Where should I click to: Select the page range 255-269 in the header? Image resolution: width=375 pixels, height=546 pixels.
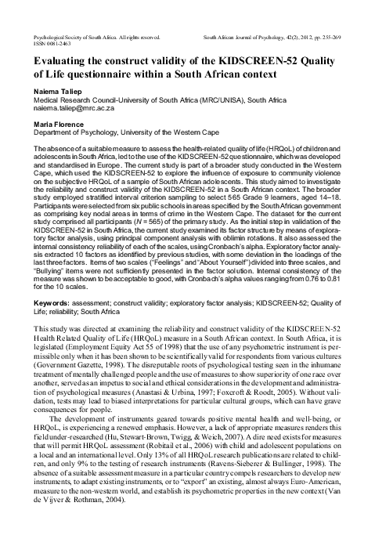[x=349, y=36]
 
